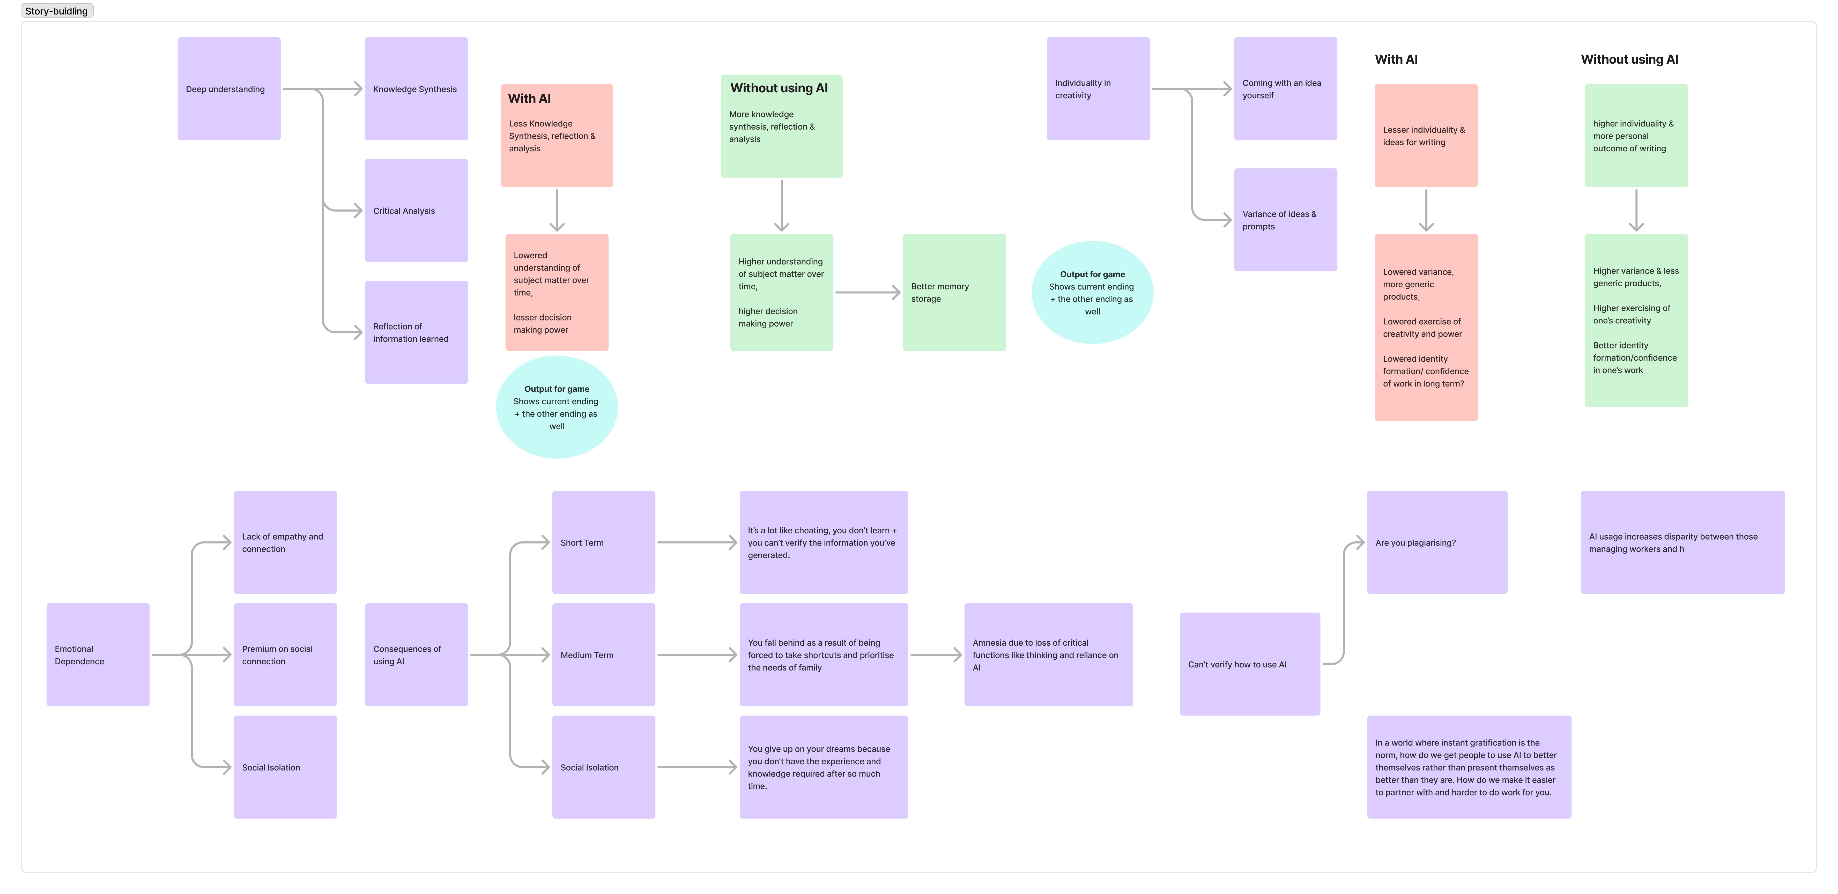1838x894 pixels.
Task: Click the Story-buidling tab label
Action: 56,11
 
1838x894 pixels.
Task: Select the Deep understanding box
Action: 229,88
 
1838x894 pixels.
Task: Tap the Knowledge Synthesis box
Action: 416,88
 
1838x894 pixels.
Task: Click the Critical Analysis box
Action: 416,211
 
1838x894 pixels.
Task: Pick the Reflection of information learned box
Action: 416,332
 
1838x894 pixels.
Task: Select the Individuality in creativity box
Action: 1098,88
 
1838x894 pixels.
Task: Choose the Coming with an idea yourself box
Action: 1285,88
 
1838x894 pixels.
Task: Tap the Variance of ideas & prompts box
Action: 1285,220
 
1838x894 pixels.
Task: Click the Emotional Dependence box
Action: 98,654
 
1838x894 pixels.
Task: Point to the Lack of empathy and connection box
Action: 285,542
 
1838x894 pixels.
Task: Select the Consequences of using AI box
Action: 416,654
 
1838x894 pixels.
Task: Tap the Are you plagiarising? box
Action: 1437,542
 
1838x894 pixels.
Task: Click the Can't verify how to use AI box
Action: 1249,664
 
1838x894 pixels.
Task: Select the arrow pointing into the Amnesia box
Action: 936,654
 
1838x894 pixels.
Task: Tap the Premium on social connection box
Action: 285,654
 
